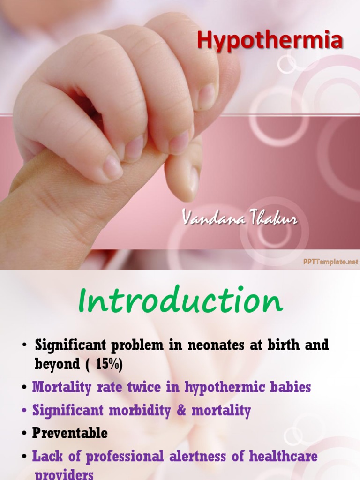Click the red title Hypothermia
(270, 41)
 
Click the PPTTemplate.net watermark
(330, 262)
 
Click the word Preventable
(70, 433)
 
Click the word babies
(293, 387)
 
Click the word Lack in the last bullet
(46, 456)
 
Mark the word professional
(112, 456)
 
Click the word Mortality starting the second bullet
(60, 387)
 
